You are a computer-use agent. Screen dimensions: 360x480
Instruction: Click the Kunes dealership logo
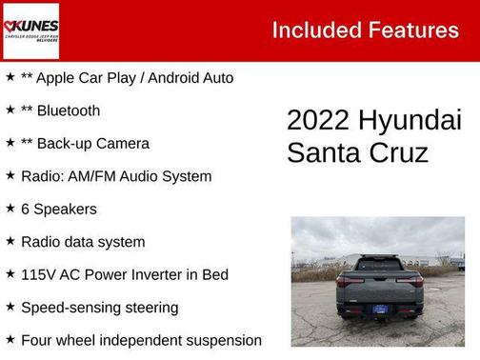pyautogui.click(x=30, y=30)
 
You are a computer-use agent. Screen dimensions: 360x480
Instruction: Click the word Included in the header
pyautogui.click(x=314, y=30)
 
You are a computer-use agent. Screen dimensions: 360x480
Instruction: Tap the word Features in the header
pyautogui.click(x=411, y=30)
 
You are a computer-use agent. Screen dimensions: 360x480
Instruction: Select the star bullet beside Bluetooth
pyautogui.click(x=10, y=110)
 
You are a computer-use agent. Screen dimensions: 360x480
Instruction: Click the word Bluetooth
pyautogui.click(x=69, y=110)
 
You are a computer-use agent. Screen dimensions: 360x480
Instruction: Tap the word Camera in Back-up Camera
pyautogui.click(x=121, y=144)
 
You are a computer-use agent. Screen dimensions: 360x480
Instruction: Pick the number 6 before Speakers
pyautogui.click(x=26, y=210)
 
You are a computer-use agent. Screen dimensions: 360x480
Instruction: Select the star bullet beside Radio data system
pyautogui.click(x=10, y=242)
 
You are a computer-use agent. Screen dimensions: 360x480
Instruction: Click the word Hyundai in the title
pyautogui.click(x=411, y=121)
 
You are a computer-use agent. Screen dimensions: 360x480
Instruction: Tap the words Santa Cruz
pyautogui.click(x=358, y=152)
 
